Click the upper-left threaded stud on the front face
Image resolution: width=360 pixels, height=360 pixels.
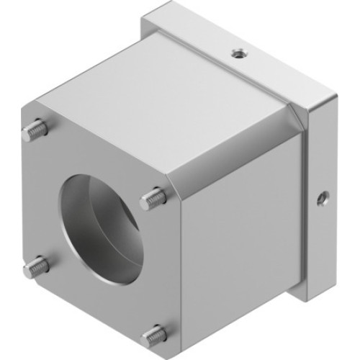coord(37,130)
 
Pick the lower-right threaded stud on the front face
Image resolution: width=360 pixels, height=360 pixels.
coord(153,334)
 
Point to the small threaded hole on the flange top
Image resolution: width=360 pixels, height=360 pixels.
coord(238,52)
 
